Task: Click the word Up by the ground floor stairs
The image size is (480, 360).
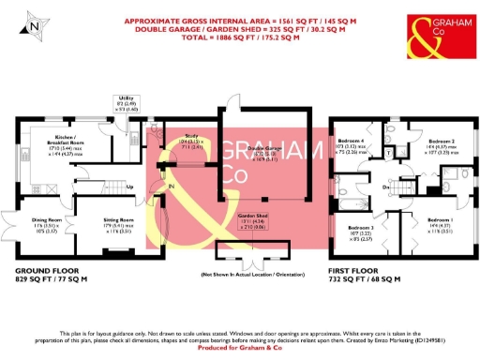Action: point(129,186)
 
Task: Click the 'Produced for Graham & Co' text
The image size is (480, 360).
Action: point(240,347)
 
